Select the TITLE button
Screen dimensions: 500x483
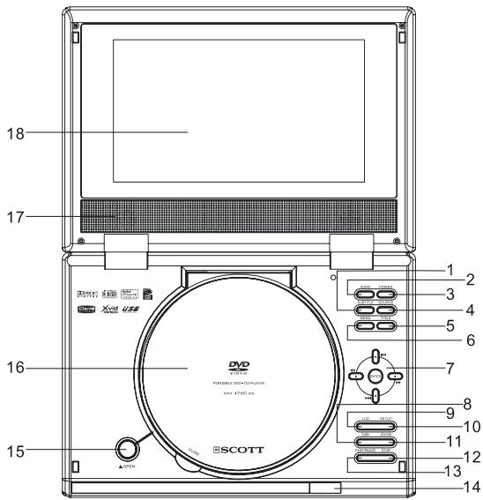[x=387, y=327]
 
